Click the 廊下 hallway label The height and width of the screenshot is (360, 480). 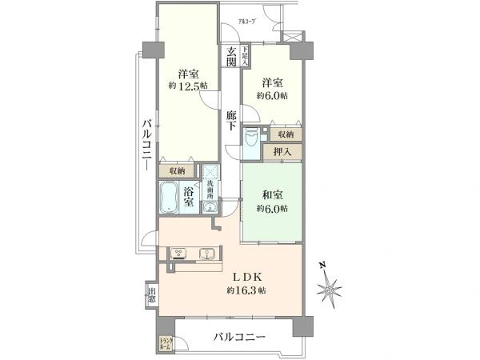click(230, 120)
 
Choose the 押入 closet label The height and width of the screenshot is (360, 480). click(282, 150)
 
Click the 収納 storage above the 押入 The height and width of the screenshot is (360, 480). click(286, 134)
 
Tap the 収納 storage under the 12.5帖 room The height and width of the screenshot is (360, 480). click(177, 170)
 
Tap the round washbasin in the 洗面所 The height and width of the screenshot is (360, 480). click(210, 209)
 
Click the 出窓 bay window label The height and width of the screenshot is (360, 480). click(150, 297)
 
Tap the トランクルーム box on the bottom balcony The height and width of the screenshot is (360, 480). click(165, 345)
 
